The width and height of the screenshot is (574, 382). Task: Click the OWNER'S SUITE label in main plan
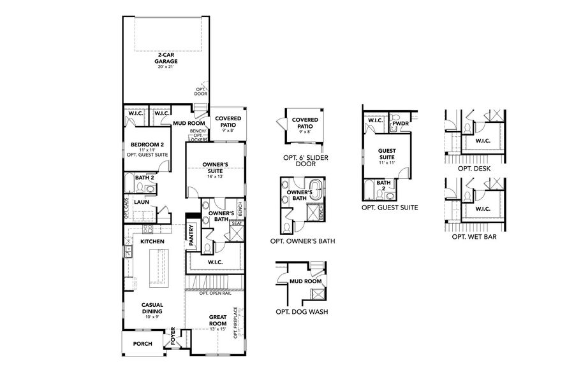click(x=214, y=167)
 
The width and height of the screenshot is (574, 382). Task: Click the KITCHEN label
click(x=152, y=242)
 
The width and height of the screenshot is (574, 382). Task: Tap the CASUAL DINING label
click(x=152, y=308)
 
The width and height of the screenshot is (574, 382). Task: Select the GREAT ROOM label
click(x=217, y=320)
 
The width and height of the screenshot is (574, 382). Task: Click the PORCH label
click(x=142, y=343)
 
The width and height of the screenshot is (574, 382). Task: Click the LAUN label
click(x=142, y=202)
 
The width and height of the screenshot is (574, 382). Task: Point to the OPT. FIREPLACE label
click(x=236, y=323)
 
